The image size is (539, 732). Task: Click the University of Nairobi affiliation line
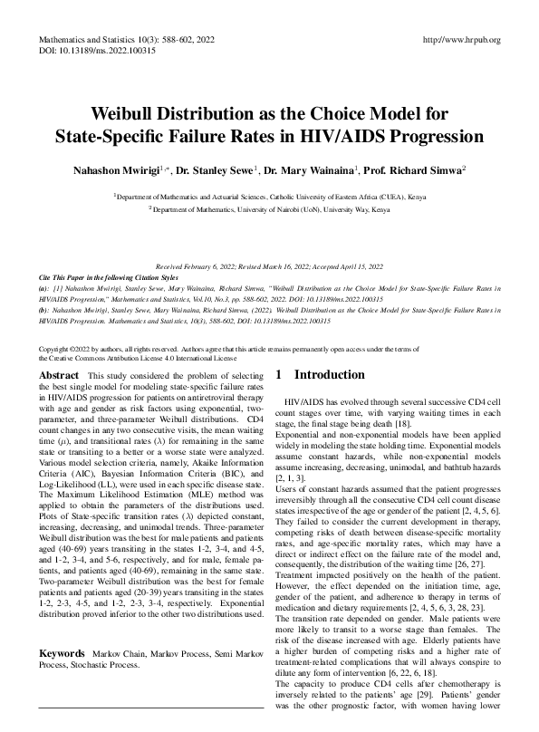tap(270, 208)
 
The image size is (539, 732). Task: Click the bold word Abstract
tap(60, 375)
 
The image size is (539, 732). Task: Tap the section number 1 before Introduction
tap(279, 375)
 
